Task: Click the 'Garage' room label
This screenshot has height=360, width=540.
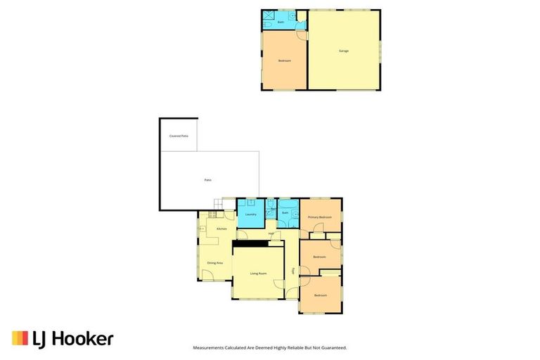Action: (344, 51)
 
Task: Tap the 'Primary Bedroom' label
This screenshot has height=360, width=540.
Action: (320, 217)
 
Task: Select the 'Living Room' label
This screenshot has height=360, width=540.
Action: (258, 273)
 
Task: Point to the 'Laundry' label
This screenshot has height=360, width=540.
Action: (250, 214)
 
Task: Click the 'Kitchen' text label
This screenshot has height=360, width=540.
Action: (221, 229)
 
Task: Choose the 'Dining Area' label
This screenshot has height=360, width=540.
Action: (214, 262)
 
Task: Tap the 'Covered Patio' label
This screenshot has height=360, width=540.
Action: (179, 136)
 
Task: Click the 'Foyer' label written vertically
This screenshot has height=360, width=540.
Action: (293, 271)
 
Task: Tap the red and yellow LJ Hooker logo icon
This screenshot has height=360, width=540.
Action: (20, 338)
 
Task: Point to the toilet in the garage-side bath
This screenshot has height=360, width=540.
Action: (268, 26)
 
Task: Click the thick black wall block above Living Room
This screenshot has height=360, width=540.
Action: (250, 243)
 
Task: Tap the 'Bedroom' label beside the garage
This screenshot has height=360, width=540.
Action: (284, 61)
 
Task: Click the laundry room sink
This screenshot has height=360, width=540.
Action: (250, 202)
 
